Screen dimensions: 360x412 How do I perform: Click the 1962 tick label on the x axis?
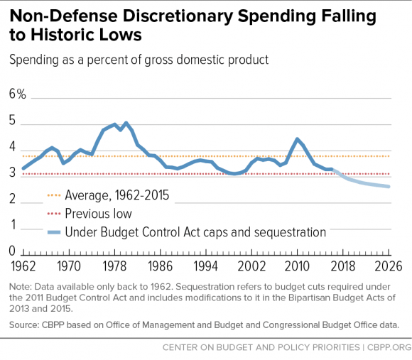click(23, 266)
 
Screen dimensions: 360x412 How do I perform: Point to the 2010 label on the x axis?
click(297, 266)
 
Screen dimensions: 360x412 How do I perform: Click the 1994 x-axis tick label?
click(206, 266)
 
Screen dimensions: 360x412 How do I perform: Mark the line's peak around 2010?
click(297, 139)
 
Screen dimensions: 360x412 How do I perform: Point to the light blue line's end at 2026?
click(388, 187)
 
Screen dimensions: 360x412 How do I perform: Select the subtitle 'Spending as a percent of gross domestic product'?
click(139, 60)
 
